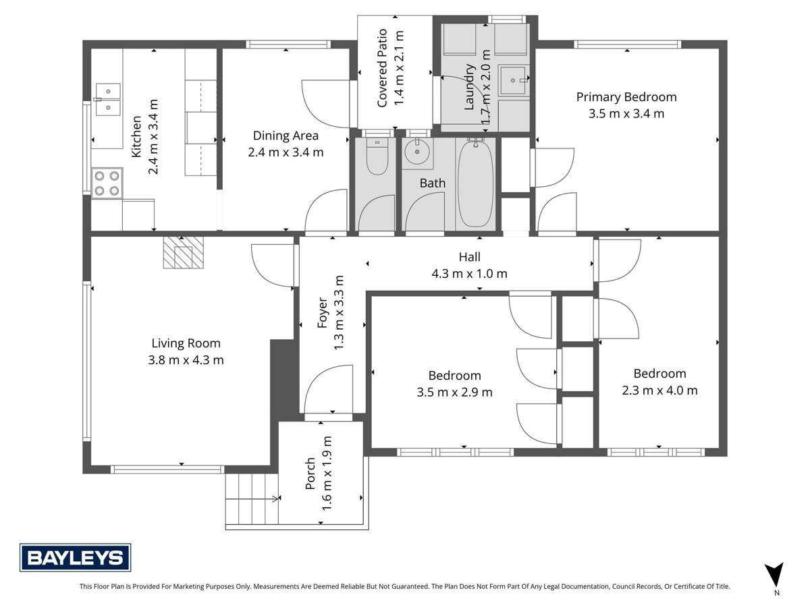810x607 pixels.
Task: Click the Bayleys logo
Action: coord(75,557)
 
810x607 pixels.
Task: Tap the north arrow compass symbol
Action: coord(775,575)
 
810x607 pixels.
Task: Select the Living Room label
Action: coord(186,343)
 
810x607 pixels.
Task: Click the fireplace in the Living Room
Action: coord(182,253)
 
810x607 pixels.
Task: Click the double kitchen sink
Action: coord(108,98)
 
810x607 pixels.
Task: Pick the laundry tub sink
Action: coord(515,80)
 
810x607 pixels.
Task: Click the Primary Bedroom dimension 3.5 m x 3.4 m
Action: coord(626,113)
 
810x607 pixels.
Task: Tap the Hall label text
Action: coord(469,257)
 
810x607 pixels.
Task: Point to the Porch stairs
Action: coord(251,499)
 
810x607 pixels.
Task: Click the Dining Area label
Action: coord(286,135)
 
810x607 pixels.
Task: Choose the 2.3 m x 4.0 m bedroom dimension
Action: coord(659,390)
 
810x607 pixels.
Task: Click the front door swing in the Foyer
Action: coord(327,390)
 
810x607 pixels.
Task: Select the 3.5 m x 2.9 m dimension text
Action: coord(454,392)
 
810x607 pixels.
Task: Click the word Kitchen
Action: coord(136,137)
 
